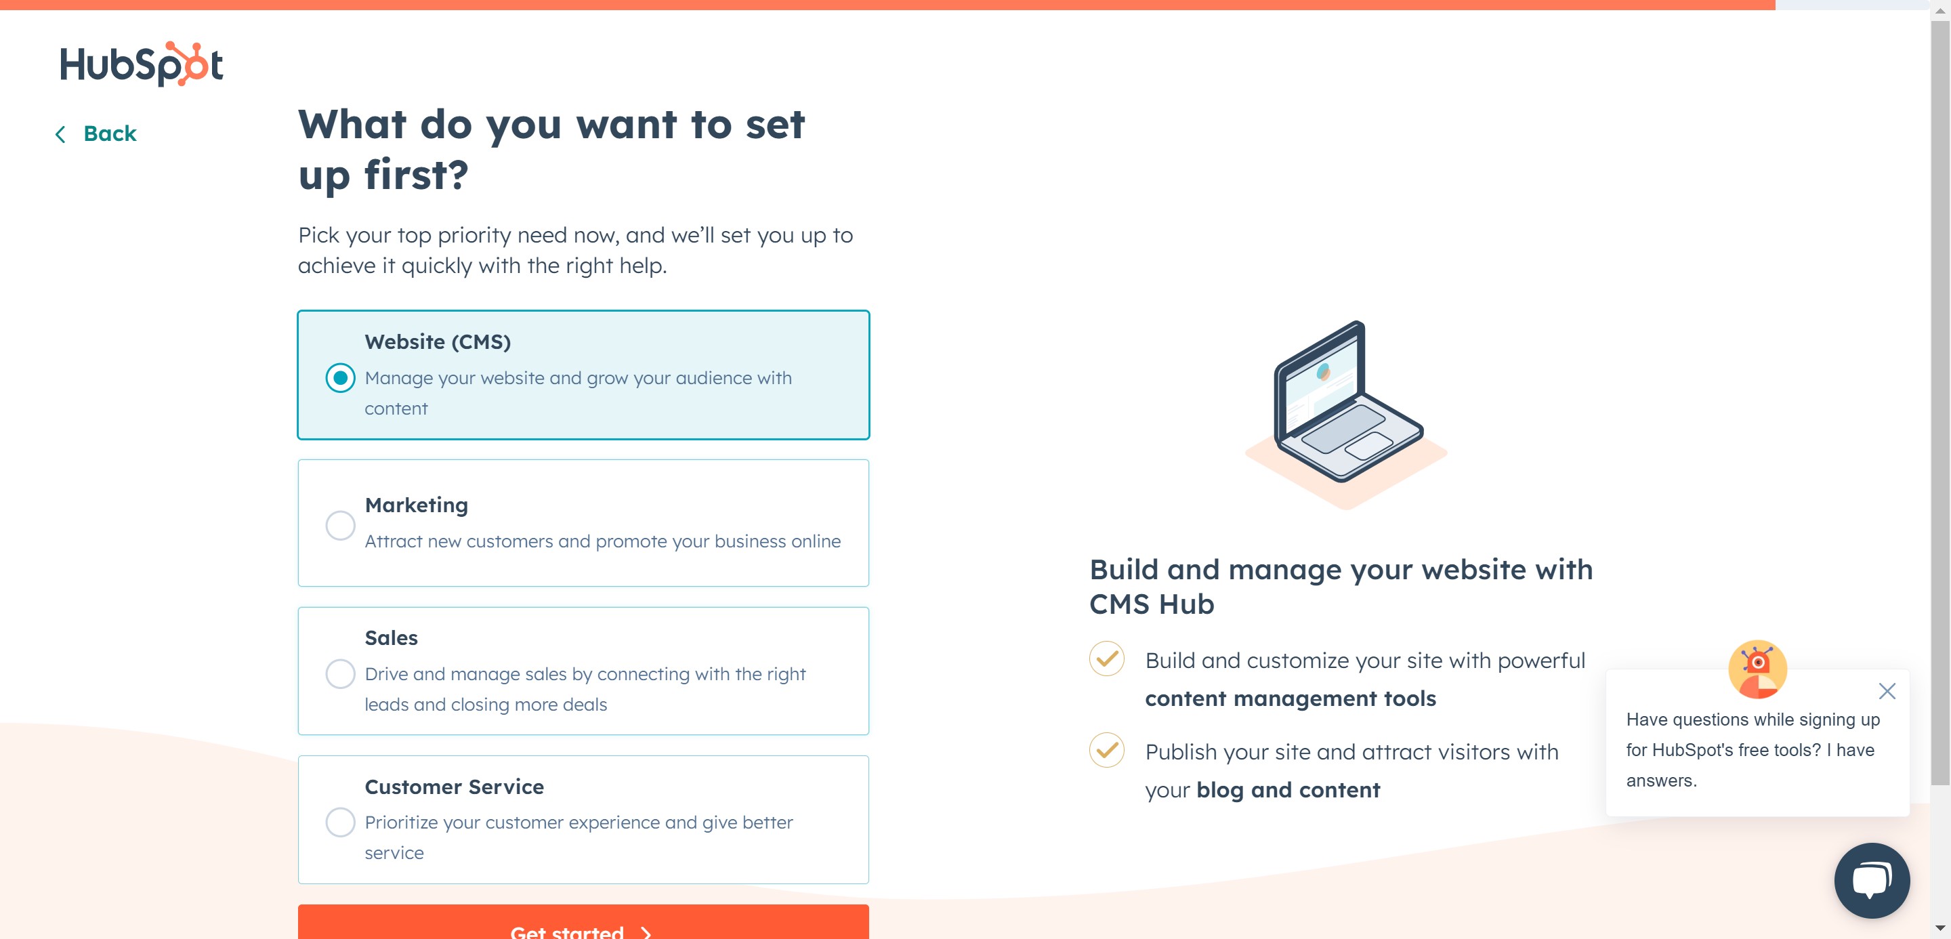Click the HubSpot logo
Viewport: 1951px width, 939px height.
[x=141, y=64]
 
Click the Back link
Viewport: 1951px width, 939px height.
[x=109, y=134]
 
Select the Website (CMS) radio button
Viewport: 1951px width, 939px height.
[x=340, y=378]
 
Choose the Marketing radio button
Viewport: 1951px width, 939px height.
[x=340, y=525]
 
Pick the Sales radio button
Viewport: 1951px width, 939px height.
[x=340, y=673]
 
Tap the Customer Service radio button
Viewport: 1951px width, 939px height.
[x=340, y=822]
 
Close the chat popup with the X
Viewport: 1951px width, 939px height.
[x=1887, y=690]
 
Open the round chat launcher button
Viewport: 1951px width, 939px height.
[x=1872, y=880]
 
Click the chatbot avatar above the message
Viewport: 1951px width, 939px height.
[x=1757, y=669]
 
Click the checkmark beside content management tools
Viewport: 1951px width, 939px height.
[x=1106, y=659]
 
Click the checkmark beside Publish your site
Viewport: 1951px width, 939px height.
[x=1106, y=751]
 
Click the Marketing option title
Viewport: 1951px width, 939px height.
[x=417, y=505]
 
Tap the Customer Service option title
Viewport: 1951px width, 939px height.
[x=455, y=787]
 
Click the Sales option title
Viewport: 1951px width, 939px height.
[x=391, y=638]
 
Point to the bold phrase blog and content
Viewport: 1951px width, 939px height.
[x=1288, y=790]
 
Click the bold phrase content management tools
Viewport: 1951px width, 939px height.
[x=1291, y=698]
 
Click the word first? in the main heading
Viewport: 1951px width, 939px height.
[x=417, y=175]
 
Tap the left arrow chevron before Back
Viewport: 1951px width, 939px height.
[x=60, y=134]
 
